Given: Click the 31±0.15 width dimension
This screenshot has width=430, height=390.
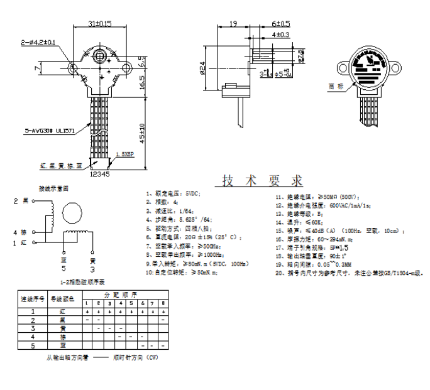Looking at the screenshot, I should point(99,23).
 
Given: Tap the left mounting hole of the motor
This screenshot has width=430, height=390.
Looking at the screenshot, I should point(74,66).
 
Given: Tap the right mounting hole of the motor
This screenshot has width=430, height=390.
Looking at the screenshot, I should point(125,66).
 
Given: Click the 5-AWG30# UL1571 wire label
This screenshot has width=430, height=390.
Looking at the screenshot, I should point(50,131).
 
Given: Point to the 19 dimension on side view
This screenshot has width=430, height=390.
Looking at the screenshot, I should point(233,23).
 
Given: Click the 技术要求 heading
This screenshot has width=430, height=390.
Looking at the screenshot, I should point(262,181).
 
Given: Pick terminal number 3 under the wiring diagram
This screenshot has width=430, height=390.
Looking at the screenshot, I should point(92,268).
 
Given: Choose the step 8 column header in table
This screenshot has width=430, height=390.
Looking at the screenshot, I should point(163,303).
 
